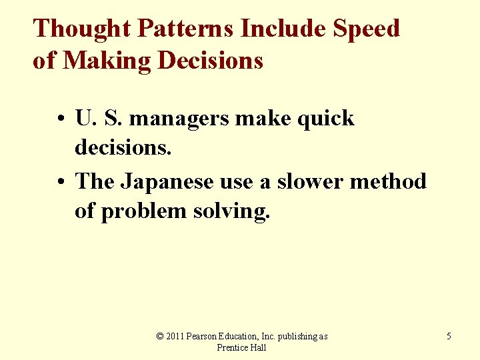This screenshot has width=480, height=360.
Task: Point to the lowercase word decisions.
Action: tap(123, 149)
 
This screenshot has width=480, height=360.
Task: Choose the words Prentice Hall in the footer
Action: tap(242, 348)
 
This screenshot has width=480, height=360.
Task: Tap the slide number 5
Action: tap(449, 337)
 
